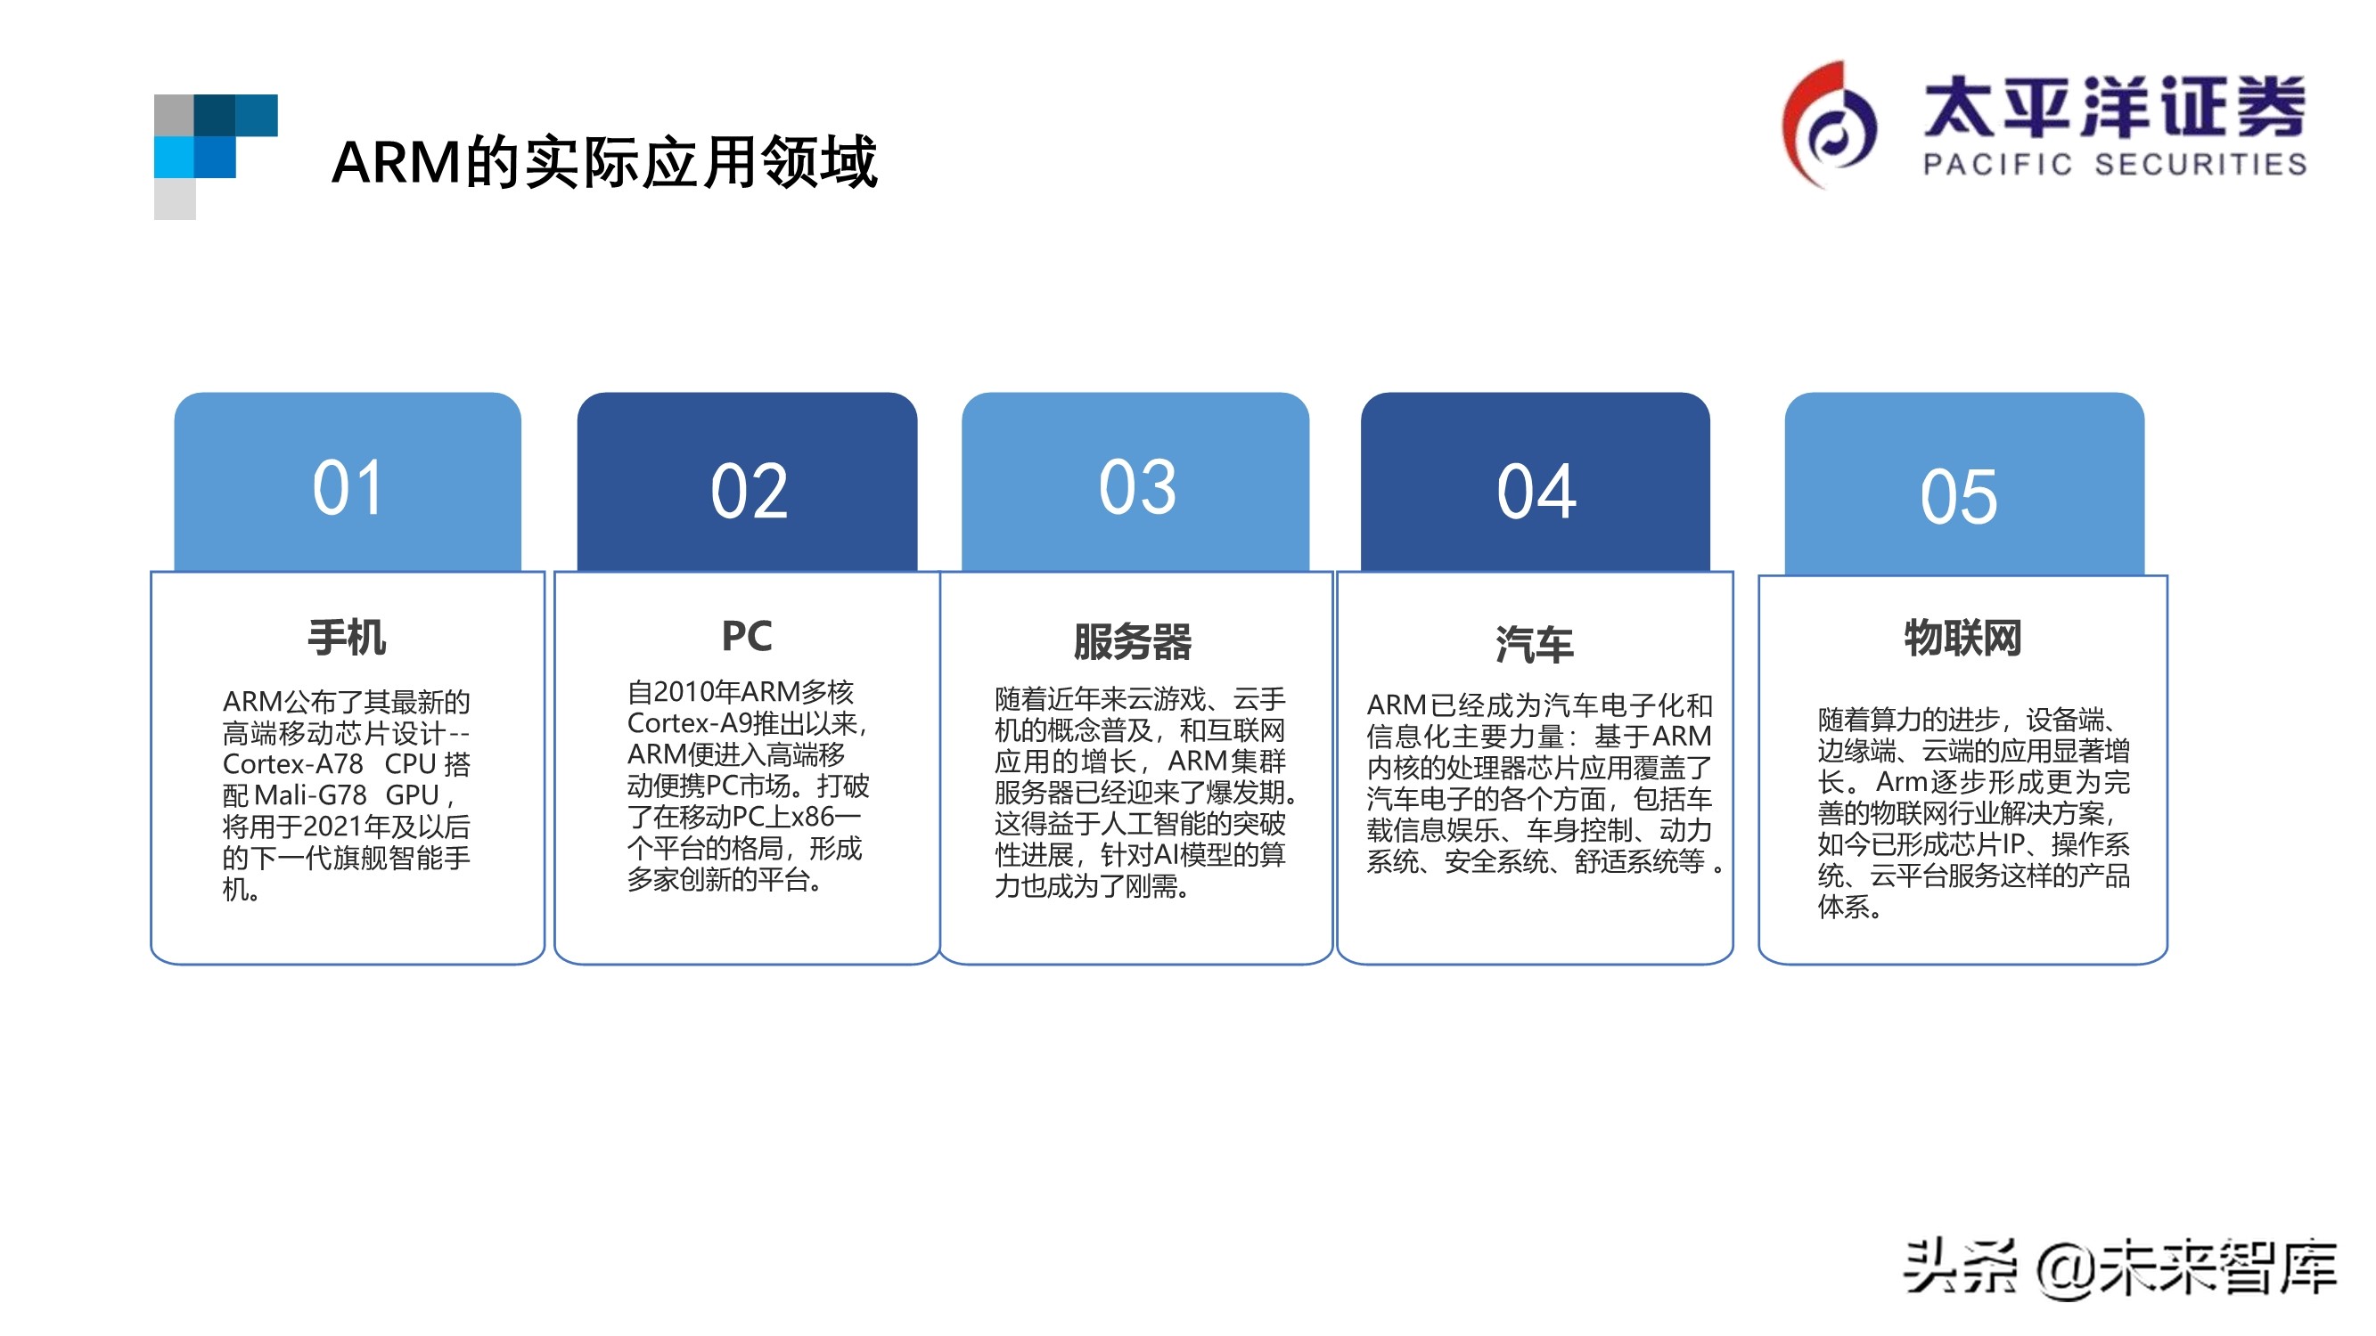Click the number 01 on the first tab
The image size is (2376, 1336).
(347, 488)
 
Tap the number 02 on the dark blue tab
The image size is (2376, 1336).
(748, 492)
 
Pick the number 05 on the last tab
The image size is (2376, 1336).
(1958, 497)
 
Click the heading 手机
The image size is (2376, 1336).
(347, 638)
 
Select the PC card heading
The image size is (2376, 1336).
(746, 636)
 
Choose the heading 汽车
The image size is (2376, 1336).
(1534, 645)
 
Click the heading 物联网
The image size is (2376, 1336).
(1962, 638)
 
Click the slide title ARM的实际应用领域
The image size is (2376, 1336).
(604, 163)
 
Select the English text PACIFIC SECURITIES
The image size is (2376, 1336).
(2114, 165)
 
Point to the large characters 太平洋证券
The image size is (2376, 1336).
(2114, 107)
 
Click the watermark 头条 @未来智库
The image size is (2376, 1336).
(2118, 1268)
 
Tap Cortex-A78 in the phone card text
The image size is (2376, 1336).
(293, 764)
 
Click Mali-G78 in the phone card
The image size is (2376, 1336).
(310, 794)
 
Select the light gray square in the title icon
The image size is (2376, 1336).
(175, 200)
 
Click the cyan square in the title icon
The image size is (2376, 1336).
(174, 157)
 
